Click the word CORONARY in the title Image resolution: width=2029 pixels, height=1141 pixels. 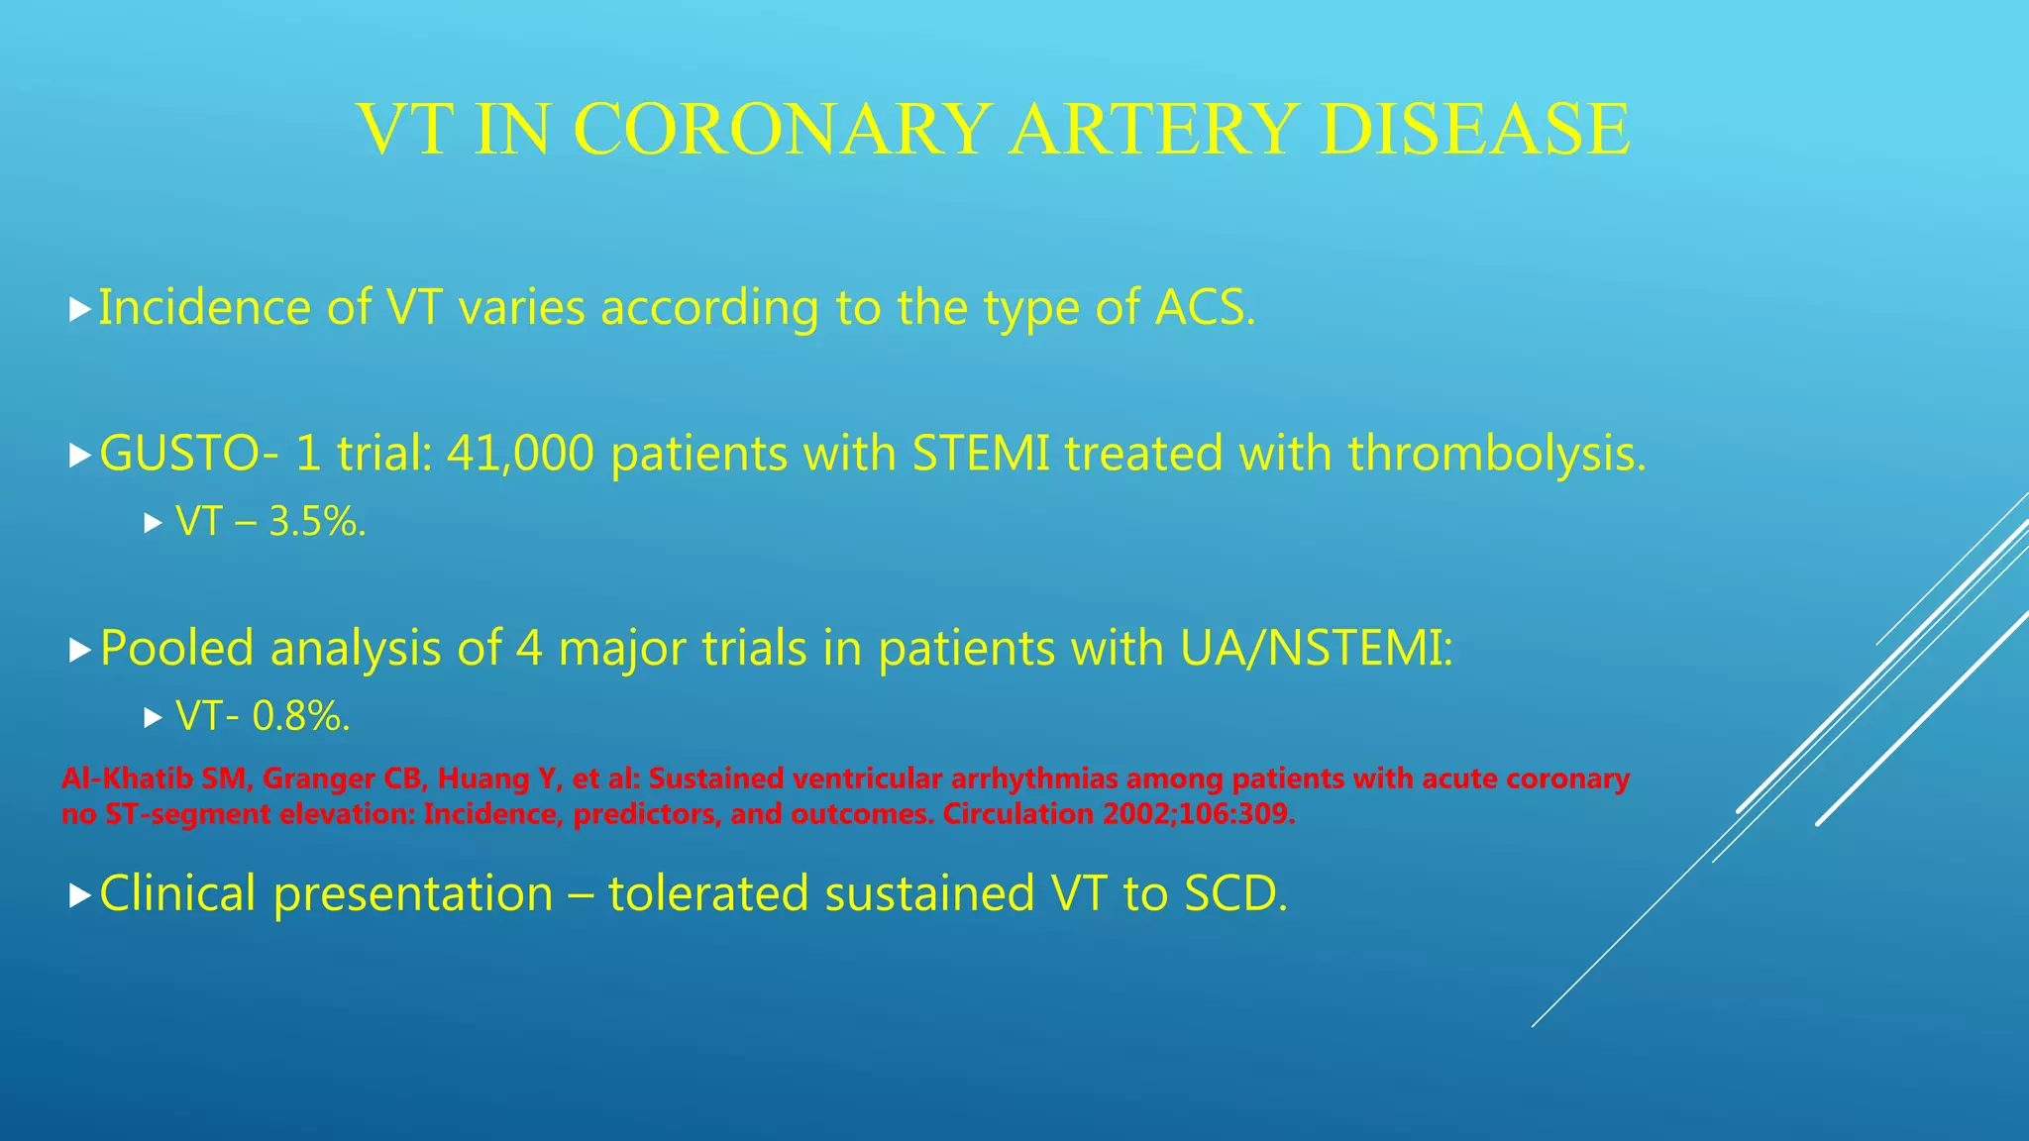click(x=782, y=130)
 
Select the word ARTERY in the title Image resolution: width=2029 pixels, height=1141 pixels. click(x=1150, y=130)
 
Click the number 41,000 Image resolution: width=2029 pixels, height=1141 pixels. click(x=519, y=454)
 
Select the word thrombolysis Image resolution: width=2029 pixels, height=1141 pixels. click(x=1496, y=454)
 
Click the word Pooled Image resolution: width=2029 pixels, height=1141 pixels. click(x=177, y=649)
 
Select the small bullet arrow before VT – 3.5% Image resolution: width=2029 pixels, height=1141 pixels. click(x=152, y=523)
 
